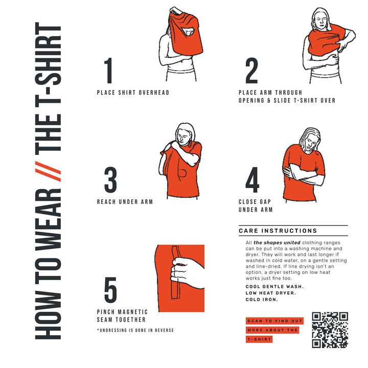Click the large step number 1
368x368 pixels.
click(108, 72)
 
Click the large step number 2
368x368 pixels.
click(251, 72)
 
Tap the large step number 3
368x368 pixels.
click(110, 180)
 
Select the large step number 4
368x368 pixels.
click(252, 180)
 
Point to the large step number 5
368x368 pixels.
click(110, 290)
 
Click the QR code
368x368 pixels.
click(330, 330)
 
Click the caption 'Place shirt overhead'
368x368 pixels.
click(133, 93)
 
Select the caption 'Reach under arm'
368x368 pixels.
click(125, 202)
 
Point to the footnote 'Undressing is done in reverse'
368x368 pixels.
click(135, 331)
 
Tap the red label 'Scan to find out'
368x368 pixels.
click(274, 321)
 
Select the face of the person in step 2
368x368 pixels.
click(320, 20)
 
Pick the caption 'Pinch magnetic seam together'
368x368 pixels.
click(122, 316)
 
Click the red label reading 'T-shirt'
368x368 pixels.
click(259, 339)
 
